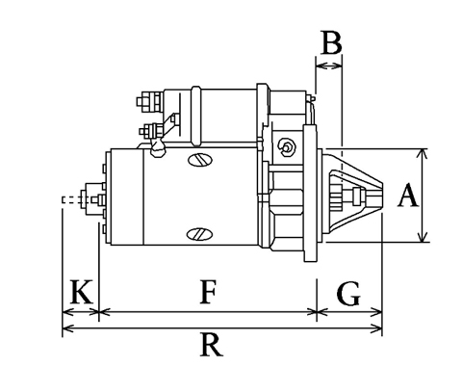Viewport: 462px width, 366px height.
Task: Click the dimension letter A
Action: [408, 195]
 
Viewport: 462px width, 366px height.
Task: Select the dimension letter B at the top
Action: [331, 42]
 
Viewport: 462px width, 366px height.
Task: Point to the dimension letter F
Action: [208, 292]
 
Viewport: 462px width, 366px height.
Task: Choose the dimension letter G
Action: [348, 293]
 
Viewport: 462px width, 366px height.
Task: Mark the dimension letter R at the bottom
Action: [211, 345]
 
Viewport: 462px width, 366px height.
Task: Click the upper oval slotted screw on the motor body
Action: [200, 160]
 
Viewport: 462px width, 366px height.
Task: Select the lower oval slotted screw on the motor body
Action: [199, 234]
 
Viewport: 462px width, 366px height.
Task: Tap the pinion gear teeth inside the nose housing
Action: [337, 196]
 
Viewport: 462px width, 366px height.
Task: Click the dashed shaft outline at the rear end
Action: [71, 199]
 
